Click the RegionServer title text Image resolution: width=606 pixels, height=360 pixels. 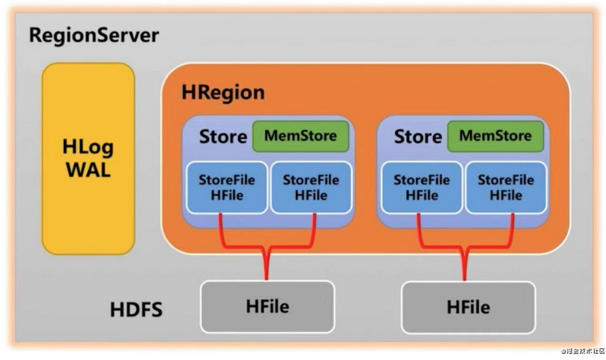[94, 34]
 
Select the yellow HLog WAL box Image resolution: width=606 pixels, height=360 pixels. [88, 159]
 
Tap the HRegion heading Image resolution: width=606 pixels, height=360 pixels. [223, 93]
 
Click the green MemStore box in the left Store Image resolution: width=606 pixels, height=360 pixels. [301, 136]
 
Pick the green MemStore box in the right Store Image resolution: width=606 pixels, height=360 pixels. [496, 136]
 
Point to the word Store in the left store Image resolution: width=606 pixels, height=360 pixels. [223, 137]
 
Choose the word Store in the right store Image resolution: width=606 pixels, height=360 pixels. [418, 137]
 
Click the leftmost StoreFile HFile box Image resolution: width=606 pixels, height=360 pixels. [226, 188]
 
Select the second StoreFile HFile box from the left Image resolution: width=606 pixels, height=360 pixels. [311, 188]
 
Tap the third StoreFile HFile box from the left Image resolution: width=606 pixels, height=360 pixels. [422, 188]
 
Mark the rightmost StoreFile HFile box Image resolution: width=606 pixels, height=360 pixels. [506, 188]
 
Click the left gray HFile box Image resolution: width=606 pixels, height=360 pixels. [267, 306]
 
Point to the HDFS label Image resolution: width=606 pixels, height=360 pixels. [136, 311]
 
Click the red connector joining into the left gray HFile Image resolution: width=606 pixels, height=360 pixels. [267, 262]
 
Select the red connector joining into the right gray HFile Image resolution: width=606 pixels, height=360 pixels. [464, 262]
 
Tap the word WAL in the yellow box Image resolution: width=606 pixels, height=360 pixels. [88, 170]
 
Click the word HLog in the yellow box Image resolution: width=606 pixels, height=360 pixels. [88, 147]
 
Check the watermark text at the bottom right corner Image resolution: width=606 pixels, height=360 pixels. [581, 350]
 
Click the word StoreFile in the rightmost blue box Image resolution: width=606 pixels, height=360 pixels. [506, 181]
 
